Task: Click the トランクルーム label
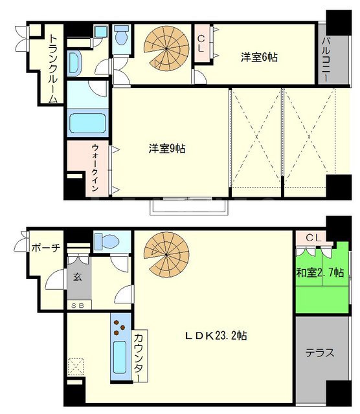coord(53,69)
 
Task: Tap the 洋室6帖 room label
coord(259,58)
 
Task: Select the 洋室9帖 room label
coord(167,149)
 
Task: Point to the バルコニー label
coord(326,60)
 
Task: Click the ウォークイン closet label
coord(95,168)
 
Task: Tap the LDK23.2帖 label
coord(216,336)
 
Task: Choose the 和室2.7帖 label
coord(320,272)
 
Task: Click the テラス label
coord(320,353)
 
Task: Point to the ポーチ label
coord(46,248)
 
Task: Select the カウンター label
coord(139,356)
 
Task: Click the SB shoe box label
coord(78,306)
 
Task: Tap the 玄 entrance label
coord(78,277)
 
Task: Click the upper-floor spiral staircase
coord(166,49)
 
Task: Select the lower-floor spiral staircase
coord(166,254)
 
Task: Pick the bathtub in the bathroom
coord(88,123)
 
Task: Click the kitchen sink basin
coord(120,357)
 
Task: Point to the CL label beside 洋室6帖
coord(201,43)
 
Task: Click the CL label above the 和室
coord(313,238)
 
